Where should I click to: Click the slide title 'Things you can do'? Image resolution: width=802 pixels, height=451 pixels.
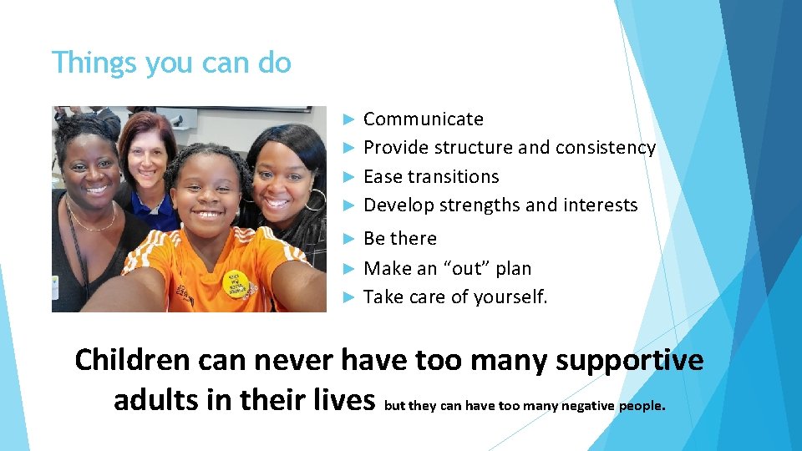click(x=171, y=63)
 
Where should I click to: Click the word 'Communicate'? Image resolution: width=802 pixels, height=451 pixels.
click(x=424, y=119)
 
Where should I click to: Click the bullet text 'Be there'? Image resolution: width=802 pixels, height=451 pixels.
click(x=400, y=239)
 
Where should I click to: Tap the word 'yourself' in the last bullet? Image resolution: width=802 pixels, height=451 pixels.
click(x=511, y=297)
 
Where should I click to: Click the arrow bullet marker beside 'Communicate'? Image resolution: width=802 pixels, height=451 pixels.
click(x=351, y=119)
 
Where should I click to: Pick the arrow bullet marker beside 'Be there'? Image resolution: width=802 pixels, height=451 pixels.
click(x=351, y=239)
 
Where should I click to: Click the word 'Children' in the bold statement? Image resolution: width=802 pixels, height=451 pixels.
click(x=132, y=360)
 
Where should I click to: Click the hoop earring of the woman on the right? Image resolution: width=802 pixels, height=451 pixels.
click(x=315, y=200)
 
